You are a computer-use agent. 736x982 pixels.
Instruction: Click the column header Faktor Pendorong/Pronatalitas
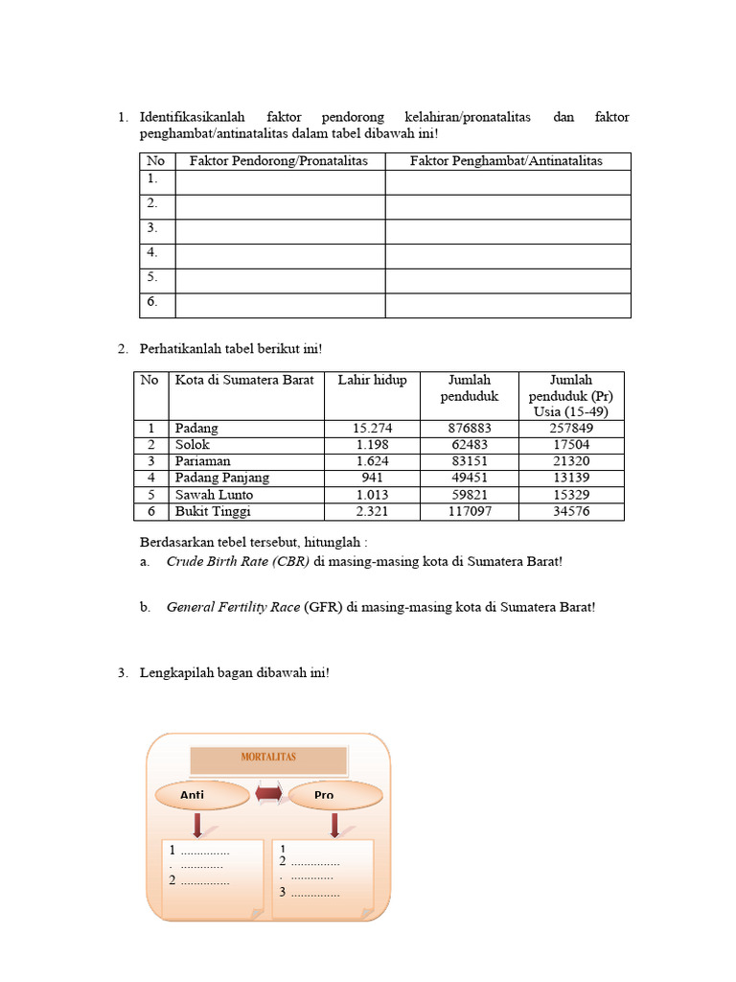tap(279, 161)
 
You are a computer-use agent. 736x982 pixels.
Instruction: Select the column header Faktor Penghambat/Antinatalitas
tap(506, 161)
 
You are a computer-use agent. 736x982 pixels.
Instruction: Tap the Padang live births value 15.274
tap(372, 429)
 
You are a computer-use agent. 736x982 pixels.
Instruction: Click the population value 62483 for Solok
tap(469, 445)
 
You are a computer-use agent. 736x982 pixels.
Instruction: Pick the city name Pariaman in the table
tap(202, 461)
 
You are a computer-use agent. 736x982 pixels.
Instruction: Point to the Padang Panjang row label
tap(221, 478)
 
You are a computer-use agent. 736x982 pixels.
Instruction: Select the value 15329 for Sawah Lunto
tap(570, 495)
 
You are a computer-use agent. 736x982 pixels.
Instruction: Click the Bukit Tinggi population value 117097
tap(469, 511)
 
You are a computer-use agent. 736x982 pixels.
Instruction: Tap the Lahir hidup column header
tap(372, 380)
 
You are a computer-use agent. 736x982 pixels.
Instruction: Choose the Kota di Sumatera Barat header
tap(244, 380)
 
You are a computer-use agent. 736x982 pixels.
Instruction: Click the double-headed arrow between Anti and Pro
tap(267, 794)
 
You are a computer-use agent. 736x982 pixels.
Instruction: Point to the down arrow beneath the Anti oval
tap(195, 825)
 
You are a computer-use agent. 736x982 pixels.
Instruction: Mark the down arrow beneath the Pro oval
tap(335, 825)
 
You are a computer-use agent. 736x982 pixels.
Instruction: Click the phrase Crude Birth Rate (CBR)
tap(238, 562)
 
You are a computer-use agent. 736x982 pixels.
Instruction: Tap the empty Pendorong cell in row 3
tap(280, 231)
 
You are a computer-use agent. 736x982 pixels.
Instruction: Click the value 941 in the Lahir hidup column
tap(372, 478)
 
